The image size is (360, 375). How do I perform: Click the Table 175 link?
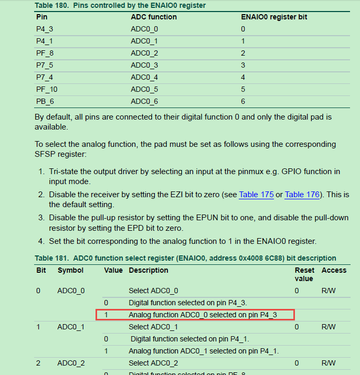pos(256,195)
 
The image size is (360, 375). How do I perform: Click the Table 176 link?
pos(302,195)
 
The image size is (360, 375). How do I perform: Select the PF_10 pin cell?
pos(47,89)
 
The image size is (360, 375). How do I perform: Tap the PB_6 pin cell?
pos(45,101)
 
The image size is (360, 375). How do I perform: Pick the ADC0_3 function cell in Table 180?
pos(144,65)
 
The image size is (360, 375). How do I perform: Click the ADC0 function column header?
pos(154,17)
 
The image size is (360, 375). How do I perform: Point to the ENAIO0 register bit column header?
pos(274,17)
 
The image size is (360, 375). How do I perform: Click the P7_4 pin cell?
pos(45,77)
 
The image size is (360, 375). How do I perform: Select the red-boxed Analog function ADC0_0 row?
pos(195,315)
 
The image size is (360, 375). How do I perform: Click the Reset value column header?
pos(304,274)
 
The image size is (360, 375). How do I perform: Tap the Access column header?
pos(334,270)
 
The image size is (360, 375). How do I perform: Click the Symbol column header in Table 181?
pos(70,270)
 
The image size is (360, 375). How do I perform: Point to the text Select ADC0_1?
pos(153,327)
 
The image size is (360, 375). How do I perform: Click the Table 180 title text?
pos(120,5)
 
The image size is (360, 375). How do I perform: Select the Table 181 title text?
pos(185,258)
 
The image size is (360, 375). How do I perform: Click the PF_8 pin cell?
pos(45,53)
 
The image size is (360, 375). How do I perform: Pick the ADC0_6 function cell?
pos(144,101)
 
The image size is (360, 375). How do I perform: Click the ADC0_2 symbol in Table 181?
pos(71,363)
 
